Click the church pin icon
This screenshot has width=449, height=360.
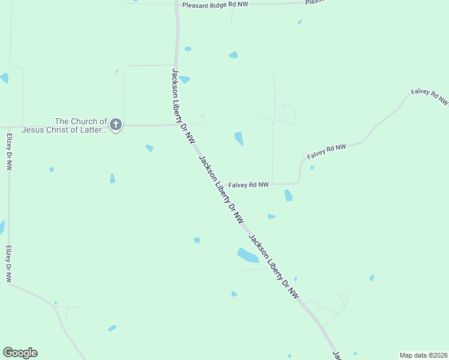[116, 125]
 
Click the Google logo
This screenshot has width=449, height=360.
[20, 353]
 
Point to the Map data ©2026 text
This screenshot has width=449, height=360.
[423, 355]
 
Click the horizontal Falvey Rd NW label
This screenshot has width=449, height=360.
[249, 185]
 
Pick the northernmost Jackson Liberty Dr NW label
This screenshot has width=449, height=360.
[183, 106]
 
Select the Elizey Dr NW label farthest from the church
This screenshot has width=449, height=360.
[8, 264]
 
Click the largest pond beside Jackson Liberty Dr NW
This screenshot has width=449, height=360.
[247, 256]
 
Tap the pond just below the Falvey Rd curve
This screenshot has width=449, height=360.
[288, 195]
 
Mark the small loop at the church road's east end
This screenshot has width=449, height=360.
[200, 120]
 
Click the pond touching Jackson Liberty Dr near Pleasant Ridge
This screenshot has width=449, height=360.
[184, 79]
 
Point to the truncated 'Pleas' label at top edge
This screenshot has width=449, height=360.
[315, 2]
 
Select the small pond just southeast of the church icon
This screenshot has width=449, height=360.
[149, 148]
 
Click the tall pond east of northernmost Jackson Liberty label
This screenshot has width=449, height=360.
[239, 139]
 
